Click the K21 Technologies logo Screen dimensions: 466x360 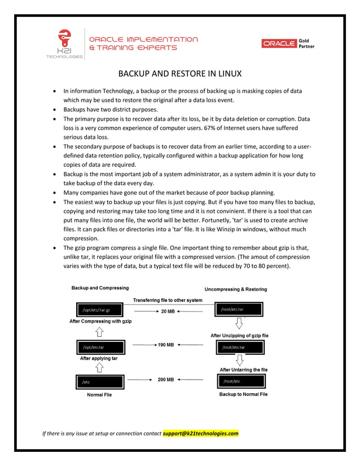[65, 43]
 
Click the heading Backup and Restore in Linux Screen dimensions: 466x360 [179, 74]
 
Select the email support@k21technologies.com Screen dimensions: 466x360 [200, 433]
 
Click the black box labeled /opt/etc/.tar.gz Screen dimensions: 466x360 [100, 310]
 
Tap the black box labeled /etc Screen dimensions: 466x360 [100, 382]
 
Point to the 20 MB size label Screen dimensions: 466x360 [168, 311]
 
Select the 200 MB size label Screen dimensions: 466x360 [166, 380]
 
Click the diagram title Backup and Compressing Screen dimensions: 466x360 [100, 288]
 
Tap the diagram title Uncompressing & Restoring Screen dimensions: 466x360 [236, 289]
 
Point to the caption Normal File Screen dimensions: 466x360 [99, 395]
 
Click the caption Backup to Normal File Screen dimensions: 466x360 [243, 394]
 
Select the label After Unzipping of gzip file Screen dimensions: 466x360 [239, 336]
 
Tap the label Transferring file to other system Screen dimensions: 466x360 [167, 300]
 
